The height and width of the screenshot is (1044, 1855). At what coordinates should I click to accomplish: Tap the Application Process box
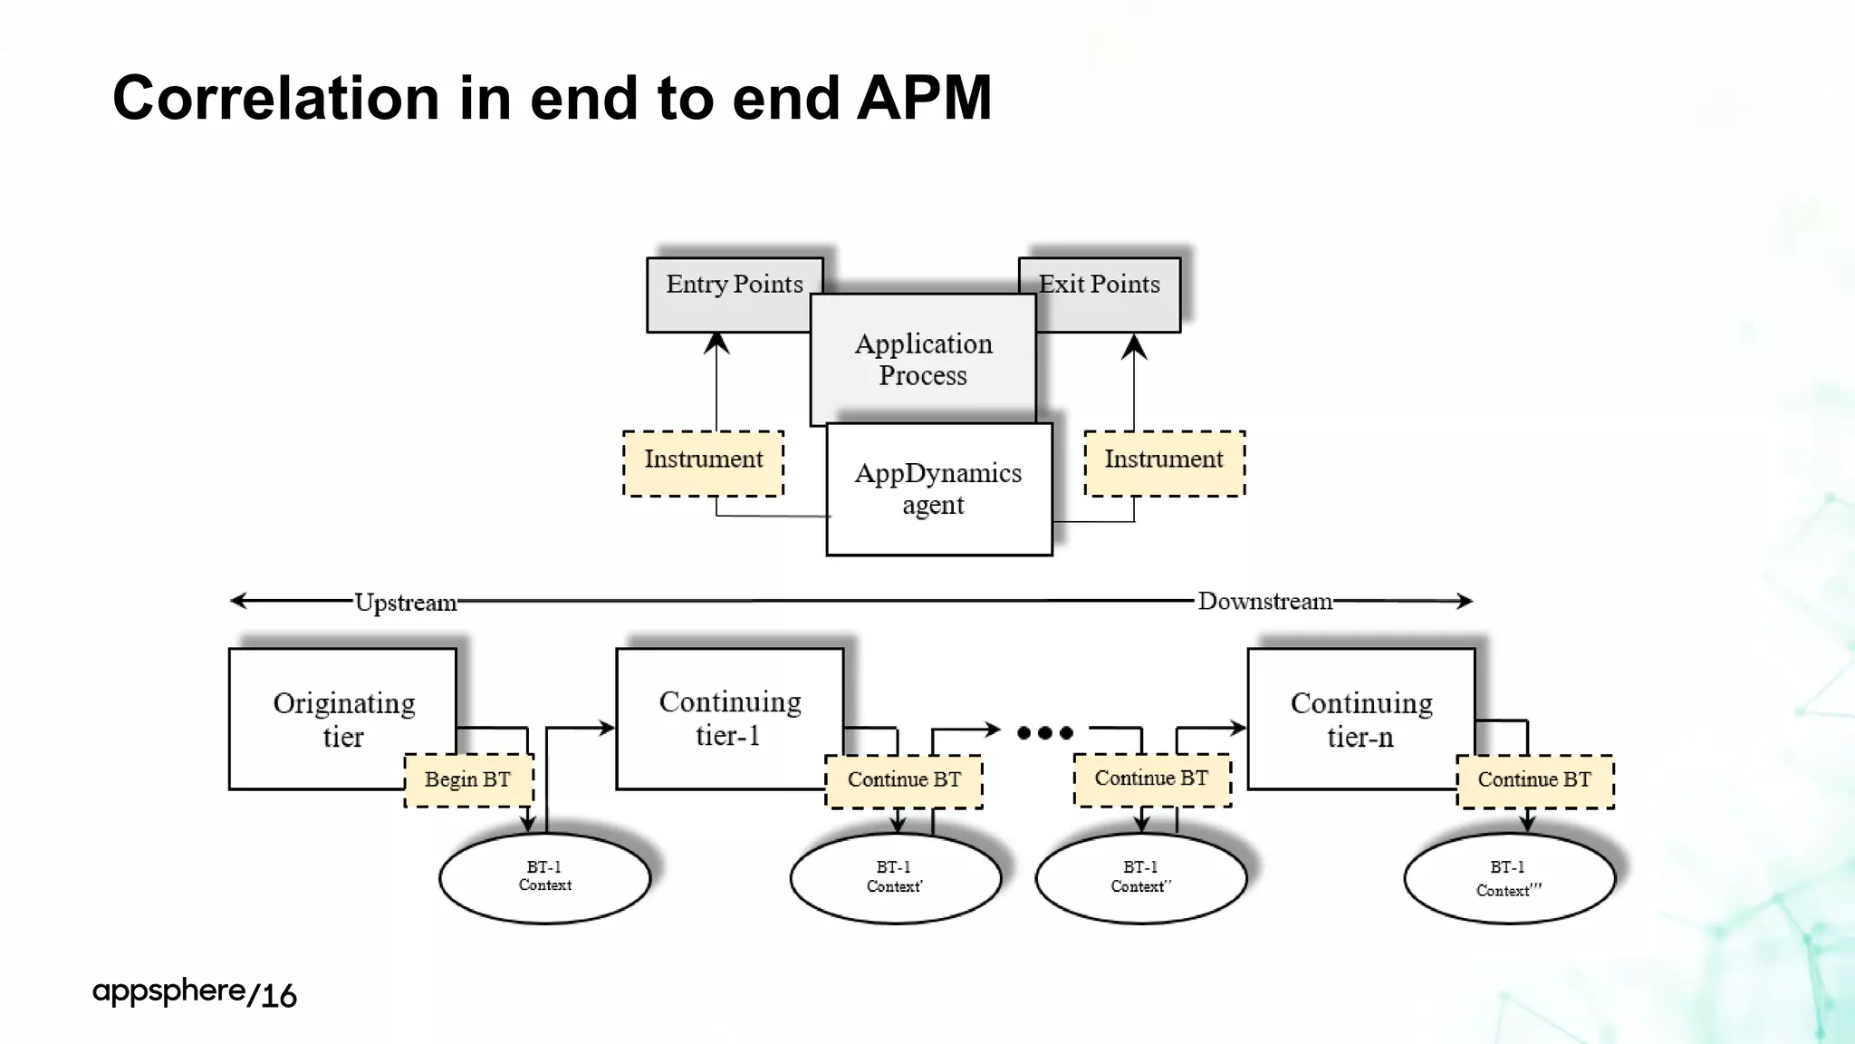point(923,359)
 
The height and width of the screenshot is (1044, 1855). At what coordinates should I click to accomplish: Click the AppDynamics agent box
point(938,489)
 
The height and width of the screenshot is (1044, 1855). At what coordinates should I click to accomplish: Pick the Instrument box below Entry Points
point(703,463)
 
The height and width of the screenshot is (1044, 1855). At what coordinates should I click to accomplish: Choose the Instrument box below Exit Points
point(1164,463)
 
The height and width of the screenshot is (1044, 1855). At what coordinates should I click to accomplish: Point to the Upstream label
point(405,603)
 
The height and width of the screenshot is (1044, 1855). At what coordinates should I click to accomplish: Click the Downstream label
point(1264,602)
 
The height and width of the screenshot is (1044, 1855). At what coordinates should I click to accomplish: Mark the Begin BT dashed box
point(468,780)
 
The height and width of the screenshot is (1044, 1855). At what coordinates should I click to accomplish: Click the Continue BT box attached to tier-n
point(1534,780)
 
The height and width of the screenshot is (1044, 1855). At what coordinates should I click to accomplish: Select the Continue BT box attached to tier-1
point(903,780)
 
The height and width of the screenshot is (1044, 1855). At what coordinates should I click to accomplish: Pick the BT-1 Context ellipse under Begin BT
point(544,877)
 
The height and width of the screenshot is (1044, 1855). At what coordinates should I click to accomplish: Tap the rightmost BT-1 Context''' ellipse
point(1509,877)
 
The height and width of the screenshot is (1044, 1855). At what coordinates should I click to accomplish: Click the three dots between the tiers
point(1044,732)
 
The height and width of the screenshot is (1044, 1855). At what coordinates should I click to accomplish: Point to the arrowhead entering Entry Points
point(716,343)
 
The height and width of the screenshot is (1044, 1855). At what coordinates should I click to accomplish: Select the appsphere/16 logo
point(194,993)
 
